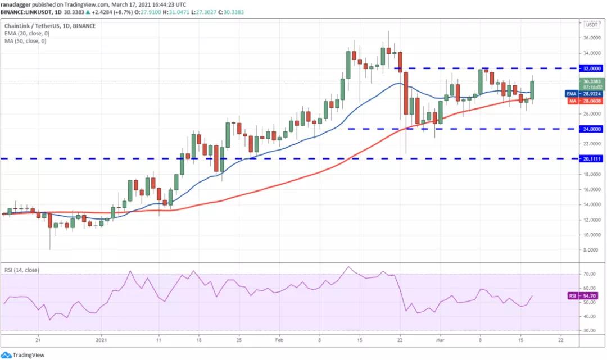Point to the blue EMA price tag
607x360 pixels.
pos(584,93)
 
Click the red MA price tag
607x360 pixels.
pos(584,101)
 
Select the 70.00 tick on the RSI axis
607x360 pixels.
pos(589,274)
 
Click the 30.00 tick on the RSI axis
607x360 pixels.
pos(589,331)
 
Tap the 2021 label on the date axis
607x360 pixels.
pos(101,340)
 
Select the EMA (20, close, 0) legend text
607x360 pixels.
pos(28,33)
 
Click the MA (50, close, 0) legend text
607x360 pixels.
pos(26,41)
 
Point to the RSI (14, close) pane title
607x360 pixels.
pos(23,270)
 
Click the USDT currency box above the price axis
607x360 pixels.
pos(591,25)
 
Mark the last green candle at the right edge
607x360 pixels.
pos(532,90)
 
